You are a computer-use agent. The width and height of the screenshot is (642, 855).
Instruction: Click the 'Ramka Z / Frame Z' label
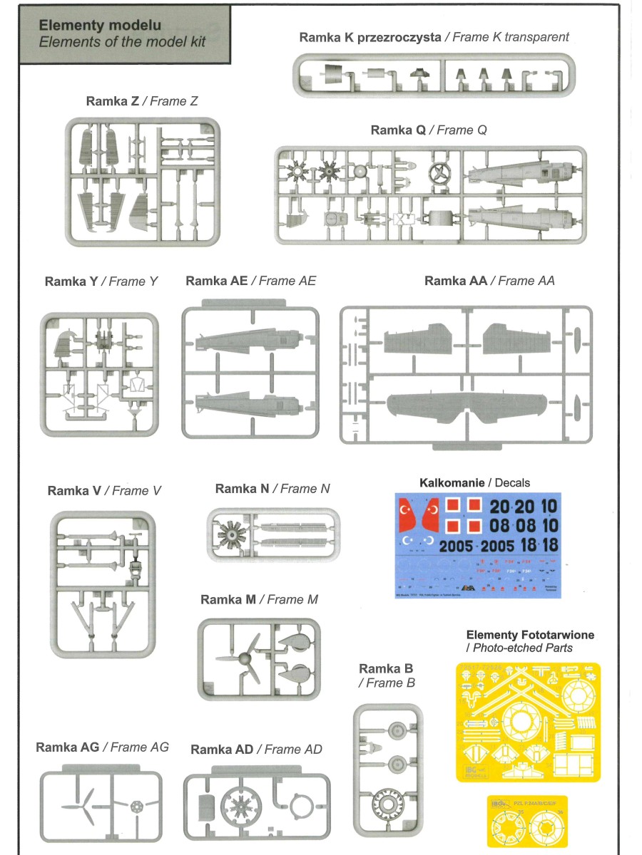click(x=141, y=101)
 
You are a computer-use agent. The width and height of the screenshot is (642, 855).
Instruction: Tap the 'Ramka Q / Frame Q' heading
click(x=429, y=130)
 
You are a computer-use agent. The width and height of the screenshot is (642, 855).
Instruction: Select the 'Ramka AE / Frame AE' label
click(x=250, y=281)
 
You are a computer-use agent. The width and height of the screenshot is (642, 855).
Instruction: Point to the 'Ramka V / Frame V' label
click(x=104, y=490)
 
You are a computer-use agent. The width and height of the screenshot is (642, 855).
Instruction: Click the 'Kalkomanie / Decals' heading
click(x=474, y=482)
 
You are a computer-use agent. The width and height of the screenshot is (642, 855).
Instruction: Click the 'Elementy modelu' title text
click(x=100, y=26)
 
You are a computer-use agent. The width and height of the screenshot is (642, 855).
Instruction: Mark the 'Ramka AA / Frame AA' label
click(x=489, y=281)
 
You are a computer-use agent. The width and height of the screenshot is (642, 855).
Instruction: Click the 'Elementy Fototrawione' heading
click(x=530, y=635)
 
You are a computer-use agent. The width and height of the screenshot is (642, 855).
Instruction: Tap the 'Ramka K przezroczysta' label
click(x=370, y=37)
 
